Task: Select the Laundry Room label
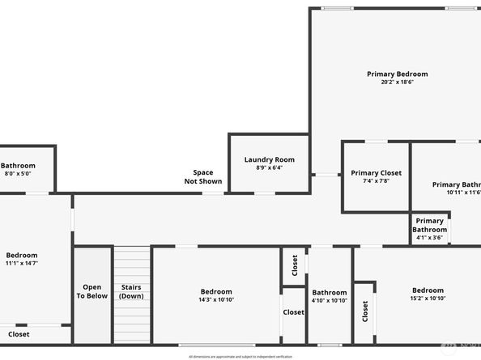pos(270,160)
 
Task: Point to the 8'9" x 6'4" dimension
pos(270,168)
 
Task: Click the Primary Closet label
pos(376,172)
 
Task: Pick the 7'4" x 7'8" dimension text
pos(376,180)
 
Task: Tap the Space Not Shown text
pos(202,176)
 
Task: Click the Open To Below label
pos(92,291)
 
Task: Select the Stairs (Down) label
pos(131,291)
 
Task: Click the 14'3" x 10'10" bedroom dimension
pos(216,299)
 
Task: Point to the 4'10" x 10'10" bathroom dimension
pos(330,300)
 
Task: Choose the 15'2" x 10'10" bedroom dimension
pos(428,299)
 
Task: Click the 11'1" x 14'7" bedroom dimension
pos(22,263)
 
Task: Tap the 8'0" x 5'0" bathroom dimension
pos(18,173)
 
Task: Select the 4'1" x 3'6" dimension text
pos(429,238)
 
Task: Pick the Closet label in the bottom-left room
pos(19,333)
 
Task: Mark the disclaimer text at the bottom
pos(240,355)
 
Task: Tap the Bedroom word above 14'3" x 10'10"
pos(216,291)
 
